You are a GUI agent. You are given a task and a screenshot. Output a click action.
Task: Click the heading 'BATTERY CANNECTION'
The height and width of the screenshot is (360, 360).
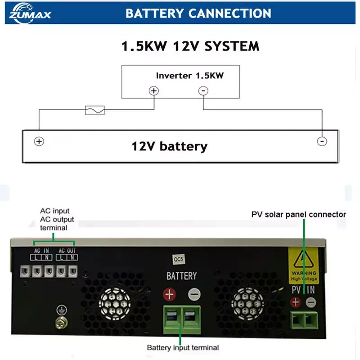198,13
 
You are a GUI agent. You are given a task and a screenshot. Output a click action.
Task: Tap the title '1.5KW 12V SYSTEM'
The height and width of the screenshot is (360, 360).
190,46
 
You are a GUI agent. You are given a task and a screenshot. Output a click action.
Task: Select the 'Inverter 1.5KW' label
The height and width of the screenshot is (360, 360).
189,76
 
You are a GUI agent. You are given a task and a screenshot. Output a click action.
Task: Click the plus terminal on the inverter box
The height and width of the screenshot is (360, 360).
154,91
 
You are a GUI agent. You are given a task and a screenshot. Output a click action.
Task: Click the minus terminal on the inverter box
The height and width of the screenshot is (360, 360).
203,91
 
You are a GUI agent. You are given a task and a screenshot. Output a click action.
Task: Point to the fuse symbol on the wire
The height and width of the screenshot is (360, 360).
95,110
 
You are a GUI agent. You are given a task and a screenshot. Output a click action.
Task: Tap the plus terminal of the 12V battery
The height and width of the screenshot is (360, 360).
39,141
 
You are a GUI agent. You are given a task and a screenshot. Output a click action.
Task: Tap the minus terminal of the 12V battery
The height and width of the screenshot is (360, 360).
322,141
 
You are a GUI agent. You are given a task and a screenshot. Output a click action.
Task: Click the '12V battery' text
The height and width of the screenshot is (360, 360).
169,146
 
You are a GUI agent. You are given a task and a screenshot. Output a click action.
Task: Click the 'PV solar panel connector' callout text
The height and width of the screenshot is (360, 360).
298,214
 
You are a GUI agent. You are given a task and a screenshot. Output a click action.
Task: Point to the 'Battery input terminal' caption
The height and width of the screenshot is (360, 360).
183,347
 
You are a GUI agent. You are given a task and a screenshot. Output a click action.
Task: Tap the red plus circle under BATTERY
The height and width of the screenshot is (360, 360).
170,295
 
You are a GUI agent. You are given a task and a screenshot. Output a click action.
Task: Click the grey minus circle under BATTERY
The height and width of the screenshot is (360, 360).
194,295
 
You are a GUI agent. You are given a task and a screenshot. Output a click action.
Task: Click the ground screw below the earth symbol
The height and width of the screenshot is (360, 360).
58,322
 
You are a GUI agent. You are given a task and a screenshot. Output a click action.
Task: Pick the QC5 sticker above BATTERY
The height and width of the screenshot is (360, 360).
180,260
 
